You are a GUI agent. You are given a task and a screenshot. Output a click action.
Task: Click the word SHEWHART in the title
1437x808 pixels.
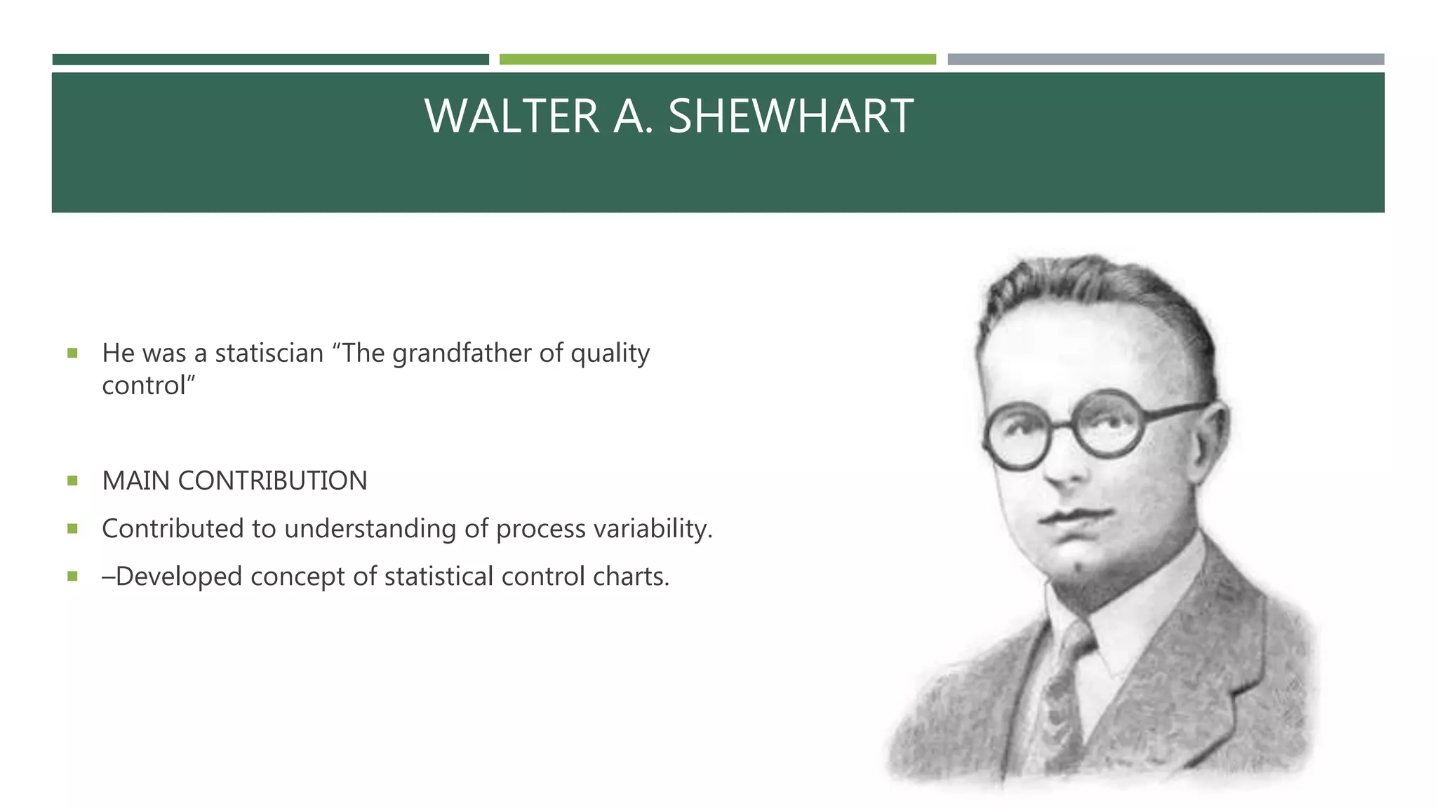(790, 116)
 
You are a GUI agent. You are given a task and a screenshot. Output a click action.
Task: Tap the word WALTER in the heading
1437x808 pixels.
(512, 116)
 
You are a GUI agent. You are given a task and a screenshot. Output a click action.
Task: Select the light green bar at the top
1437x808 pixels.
(717, 60)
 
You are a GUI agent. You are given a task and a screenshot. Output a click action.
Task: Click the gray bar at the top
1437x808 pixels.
(1165, 60)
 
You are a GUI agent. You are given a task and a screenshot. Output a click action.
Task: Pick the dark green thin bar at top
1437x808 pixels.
(270, 60)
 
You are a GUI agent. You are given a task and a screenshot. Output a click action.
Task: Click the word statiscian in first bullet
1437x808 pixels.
(269, 353)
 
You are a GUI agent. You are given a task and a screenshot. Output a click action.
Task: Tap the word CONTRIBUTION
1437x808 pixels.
(272, 481)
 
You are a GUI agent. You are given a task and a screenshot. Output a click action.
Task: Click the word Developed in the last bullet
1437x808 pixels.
(178, 577)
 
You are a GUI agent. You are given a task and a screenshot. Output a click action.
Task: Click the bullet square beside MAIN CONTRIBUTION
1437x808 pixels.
(72, 481)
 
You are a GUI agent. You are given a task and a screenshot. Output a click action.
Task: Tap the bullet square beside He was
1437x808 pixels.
(72, 353)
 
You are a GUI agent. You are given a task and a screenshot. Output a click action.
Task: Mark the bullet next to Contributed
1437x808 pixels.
(72, 529)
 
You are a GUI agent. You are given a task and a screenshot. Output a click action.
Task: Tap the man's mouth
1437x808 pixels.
(1074, 518)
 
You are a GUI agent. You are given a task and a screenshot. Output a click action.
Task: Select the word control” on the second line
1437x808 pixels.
(148, 386)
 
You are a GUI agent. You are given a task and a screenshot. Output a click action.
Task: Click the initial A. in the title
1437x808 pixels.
(633, 116)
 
